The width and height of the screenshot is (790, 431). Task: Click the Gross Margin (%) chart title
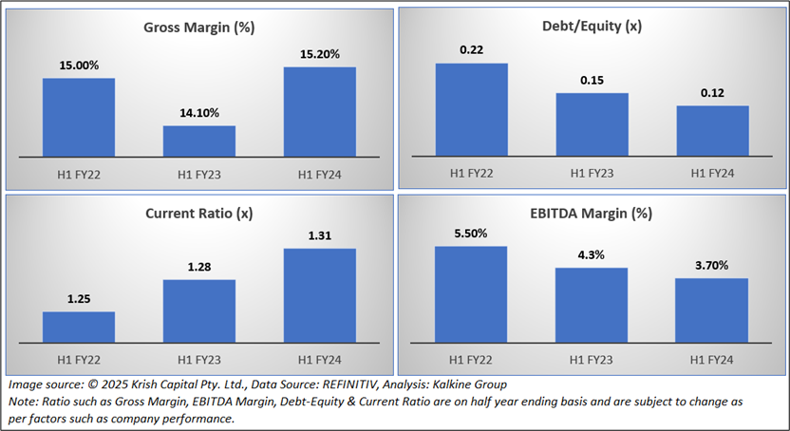tap(199, 28)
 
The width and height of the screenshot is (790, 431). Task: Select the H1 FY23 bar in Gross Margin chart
tap(199, 141)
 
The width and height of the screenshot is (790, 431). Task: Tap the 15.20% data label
tap(319, 54)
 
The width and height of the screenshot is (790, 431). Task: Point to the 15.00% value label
tap(79, 66)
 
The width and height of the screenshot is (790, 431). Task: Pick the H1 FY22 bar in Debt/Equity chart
tap(471, 110)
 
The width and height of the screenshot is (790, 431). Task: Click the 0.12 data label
tap(712, 93)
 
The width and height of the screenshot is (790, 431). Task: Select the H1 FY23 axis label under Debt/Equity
tap(592, 174)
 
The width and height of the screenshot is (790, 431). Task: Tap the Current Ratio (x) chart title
tap(199, 213)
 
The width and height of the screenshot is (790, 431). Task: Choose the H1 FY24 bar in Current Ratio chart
tap(319, 294)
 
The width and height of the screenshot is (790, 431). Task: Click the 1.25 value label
tap(79, 299)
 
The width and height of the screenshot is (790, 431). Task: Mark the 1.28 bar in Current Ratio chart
tap(199, 310)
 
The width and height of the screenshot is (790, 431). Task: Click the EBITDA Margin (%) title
tap(592, 213)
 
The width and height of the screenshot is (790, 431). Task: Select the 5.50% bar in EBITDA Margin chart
tap(471, 293)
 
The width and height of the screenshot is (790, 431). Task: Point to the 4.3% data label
tap(592, 255)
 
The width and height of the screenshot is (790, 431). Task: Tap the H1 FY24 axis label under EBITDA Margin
tap(712, 359)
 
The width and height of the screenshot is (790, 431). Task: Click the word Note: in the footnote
tap(24, 402)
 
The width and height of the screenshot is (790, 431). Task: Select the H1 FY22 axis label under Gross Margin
tap(79, 174)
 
